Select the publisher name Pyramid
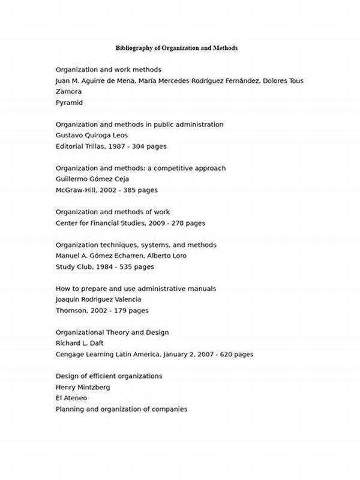coord(69,103)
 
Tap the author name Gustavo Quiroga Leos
coord(91,135)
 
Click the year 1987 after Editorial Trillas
coord(118,146)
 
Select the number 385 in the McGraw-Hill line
coord(130,190)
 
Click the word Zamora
coord(68,92)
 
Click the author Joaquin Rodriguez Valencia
coord(98,299)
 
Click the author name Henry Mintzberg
coord(83,387)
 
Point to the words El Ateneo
coord(71,398)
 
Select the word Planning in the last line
coord(70,409)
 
